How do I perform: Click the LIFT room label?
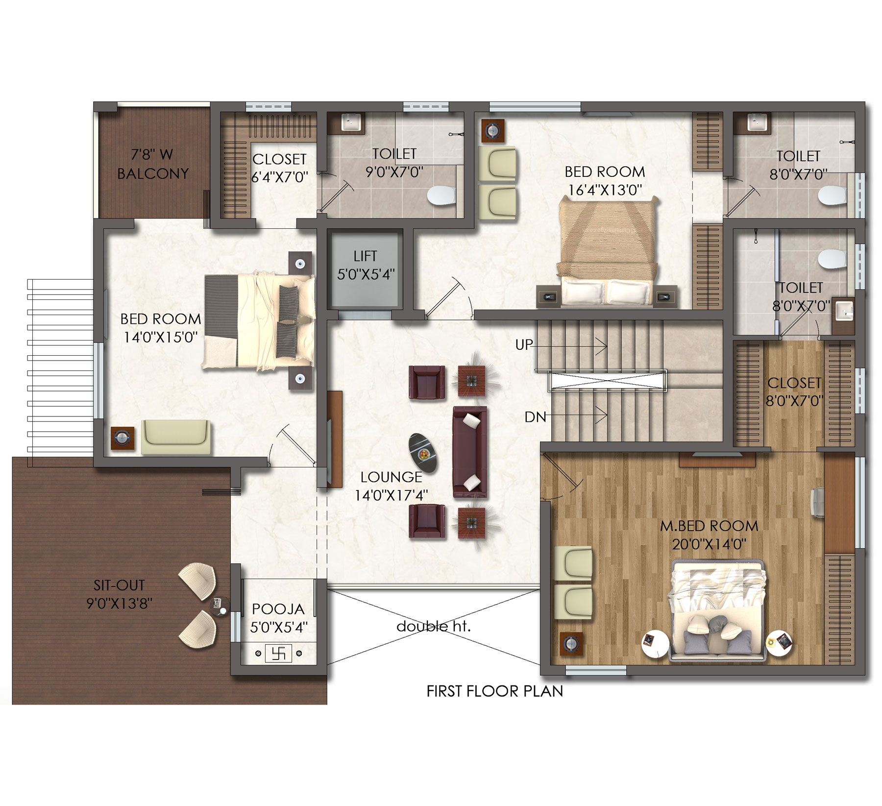point(365,256)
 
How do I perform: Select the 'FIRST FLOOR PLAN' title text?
point(495,691)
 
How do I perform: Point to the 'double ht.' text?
point(434,626)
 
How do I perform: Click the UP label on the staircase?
point(524,345)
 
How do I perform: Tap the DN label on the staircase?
point(535,417)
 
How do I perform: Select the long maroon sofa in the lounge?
point(470,449)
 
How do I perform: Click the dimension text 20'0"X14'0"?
point(709,544)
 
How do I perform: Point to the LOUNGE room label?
point(391,477)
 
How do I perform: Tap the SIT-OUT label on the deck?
point(120,585)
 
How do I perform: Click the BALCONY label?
point(153,173)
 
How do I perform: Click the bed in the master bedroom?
point(717,611)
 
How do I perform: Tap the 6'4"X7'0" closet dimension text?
point(280,177)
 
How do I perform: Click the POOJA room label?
point(278,610)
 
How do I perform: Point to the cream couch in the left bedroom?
point(176,437)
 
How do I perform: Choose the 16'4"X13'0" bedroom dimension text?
point(605,190)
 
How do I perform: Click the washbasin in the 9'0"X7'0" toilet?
point(351,122)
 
